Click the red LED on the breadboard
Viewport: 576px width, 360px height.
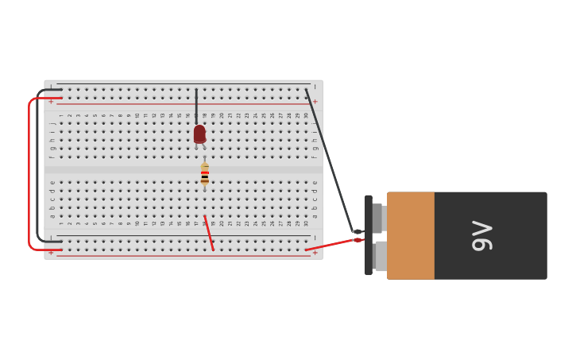pos(199,134)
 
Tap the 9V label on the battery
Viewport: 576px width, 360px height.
pos(482,236)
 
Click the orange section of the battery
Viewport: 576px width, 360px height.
pos(411,235)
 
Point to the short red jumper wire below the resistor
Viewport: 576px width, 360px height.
pos(209,233)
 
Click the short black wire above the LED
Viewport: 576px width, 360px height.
pos(196,105)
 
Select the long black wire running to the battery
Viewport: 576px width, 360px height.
pos(330,162)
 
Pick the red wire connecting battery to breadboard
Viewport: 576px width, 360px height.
pos(330,245)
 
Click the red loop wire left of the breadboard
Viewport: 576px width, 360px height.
pos(29,175)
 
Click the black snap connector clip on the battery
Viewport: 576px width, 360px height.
pos(368,235)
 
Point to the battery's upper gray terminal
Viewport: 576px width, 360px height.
pos(378,218)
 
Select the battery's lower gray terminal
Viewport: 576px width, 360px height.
pos(381,256)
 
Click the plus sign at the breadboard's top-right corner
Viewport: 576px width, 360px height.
pos(315,102)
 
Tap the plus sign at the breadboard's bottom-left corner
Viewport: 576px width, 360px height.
pos(51,253)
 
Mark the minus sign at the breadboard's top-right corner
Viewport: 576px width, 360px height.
pos(315,87)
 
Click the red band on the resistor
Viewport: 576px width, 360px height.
pos(205,172)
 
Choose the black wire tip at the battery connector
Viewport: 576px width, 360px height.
pos(357,232)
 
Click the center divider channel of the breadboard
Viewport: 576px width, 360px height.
pos(184,169)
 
